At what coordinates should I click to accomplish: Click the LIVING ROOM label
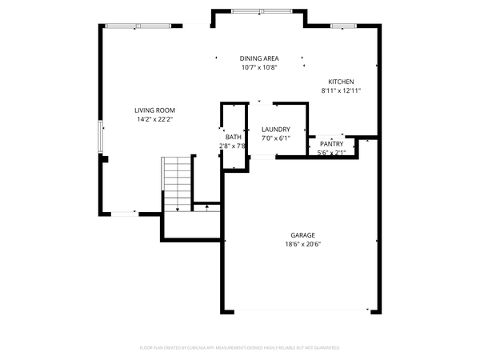pyautogui.click(x=154, y=110)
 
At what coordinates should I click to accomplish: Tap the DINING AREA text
pyautogui.click(x=259, y=58)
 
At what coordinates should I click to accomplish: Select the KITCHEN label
pyautogui.click(x=341, y=82)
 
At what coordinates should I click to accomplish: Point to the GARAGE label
pyautogui.click(x=302, y=235)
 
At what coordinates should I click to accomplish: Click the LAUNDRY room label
pyautogui.click(x=275, y=130)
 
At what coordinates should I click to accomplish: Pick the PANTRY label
pyautogui.click(x=331, y=144)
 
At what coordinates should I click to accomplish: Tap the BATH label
pyautogui.click(x=233, y=137)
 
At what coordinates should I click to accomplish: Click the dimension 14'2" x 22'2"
pyautogui.click(x=154, y=119)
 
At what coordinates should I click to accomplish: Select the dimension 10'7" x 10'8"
pyautogui.click(x=259, y=67)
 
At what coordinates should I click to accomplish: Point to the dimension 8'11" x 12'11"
pyautogui.click(x=341, y=90)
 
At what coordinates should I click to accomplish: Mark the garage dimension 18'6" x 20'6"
pyautogui.click(x=302, y=244)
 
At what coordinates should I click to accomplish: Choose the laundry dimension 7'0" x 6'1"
pyautogui.click(x=275, y=138)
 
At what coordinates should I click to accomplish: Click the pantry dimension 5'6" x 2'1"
pyautogui.click(x=331, y=153)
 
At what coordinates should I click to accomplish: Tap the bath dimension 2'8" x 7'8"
pyautogui.click(x=233, y=146)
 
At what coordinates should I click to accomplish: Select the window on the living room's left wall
pyautogui.click(x=101, y=136)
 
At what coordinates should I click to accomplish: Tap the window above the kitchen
pyautogui.click(x=342, y=26)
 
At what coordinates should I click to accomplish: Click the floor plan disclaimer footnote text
pyautogui.click(x=240, y=348)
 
